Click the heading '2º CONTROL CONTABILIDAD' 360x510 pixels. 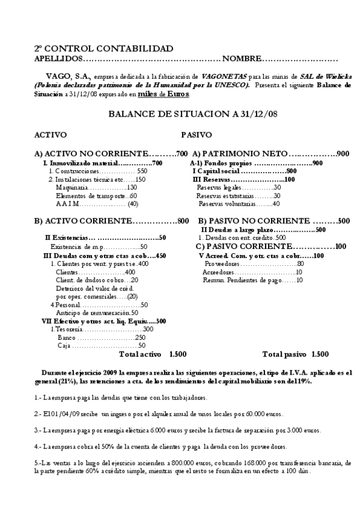point(103,48)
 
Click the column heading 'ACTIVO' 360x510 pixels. point(50,135)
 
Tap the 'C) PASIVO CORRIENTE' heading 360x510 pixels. point(242,246)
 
